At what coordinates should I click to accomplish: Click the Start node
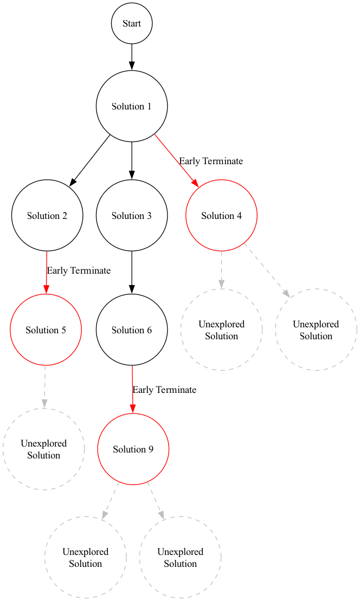click(x=132, y=23)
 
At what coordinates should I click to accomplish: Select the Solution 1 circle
click(x=132, y=106)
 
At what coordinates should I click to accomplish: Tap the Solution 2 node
click(x=47, y=216)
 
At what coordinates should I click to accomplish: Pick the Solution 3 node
click(x=132, y=216)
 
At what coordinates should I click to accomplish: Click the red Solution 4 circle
click(x=221, y=216)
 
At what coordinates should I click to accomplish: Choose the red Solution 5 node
click(x=46, y=330)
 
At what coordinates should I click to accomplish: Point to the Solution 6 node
click(x=132, y=330)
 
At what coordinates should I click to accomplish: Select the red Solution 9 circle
click(x=133, y=449)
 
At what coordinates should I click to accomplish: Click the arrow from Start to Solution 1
click(x=132, y=56)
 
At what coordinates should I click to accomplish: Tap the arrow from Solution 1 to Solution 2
click(x=90, y=160)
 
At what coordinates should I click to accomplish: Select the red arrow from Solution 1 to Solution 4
click(x=177, y=160)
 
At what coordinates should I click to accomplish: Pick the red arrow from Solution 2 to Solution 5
click(x=47, y=273)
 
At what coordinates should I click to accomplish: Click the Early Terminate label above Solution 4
click(x=211, y=161)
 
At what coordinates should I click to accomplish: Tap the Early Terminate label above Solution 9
click(x=164, y=390)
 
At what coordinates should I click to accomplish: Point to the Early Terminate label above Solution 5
click(x=79, y=270)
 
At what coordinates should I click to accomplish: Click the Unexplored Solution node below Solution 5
click(x=44, y=449)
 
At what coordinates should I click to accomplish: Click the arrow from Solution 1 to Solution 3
click(x=132, y=160)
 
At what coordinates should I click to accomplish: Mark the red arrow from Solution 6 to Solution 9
click(x=133, y=390)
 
